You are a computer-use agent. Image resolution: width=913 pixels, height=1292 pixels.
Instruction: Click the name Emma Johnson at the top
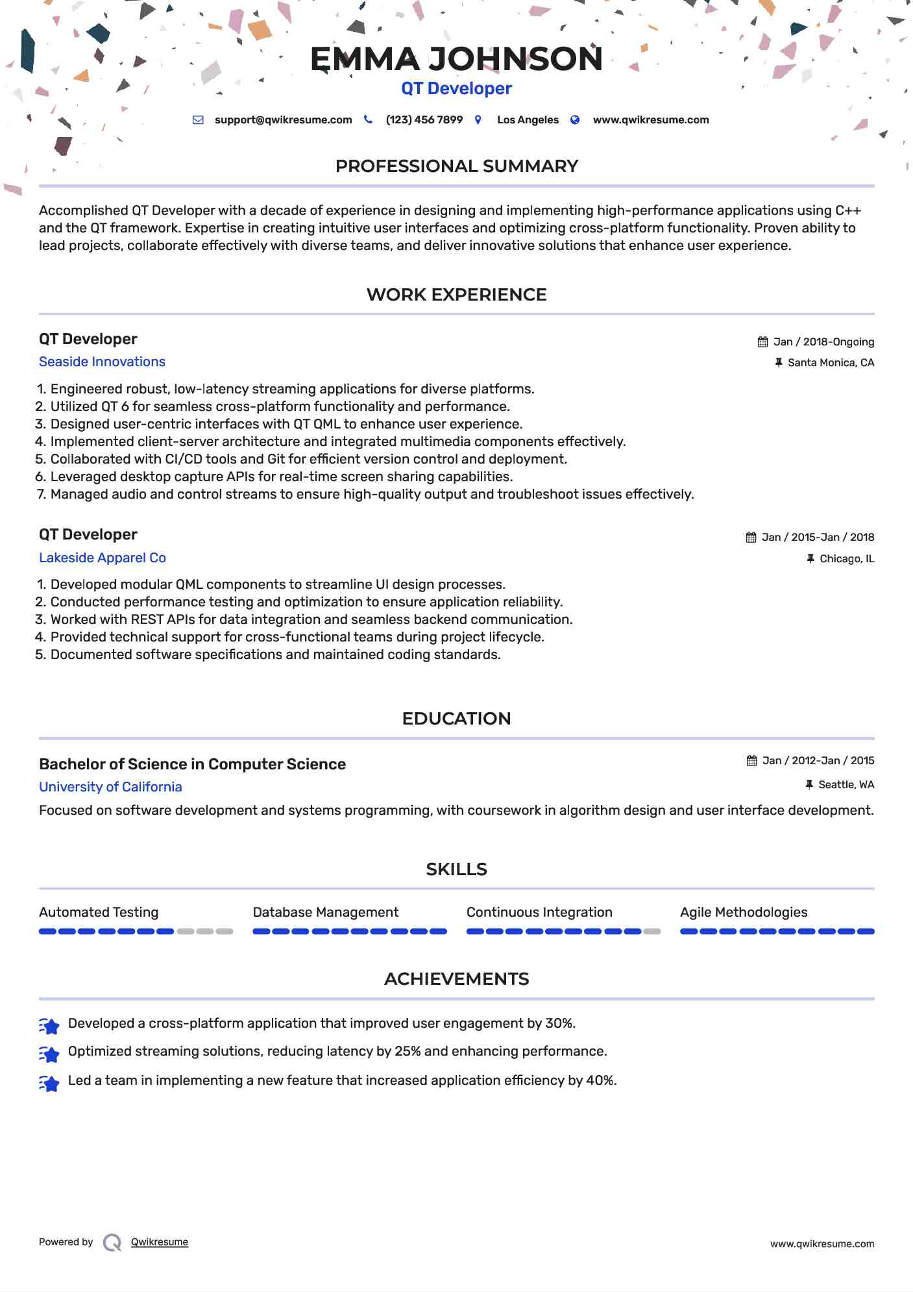click(456, 59)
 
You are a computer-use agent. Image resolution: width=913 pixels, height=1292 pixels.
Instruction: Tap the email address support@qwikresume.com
click(283, 120)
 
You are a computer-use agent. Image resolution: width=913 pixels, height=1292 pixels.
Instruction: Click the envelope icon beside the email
click(199, 120)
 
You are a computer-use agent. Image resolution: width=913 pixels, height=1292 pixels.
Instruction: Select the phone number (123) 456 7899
click(424, 120)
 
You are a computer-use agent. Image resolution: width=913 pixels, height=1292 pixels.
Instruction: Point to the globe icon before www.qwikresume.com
click(575, 120)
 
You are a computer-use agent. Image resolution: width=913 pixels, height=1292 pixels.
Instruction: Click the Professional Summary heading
click(456, 166)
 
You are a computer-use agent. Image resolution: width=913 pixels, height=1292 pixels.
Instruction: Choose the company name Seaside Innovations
click(102, 362)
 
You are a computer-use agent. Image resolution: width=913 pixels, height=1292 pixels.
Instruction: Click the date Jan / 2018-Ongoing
click(823, 342)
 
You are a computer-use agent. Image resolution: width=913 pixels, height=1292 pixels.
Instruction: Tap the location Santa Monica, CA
click(831, 363)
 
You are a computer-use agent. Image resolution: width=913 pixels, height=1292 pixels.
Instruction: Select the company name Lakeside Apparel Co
click(103, 558)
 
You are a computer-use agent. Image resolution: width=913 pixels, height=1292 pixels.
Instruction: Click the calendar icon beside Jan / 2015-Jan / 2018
click(751, 538)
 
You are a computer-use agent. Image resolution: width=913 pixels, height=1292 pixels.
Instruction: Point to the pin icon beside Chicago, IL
click(810, 558)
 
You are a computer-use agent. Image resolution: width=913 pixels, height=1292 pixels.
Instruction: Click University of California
click(110, 787)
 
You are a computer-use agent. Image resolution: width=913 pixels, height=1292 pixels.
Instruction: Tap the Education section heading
click(456, 719)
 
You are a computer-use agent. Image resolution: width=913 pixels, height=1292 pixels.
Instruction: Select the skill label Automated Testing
click(99, 912)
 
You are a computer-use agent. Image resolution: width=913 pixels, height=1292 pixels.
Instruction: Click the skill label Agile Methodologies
click(744, 912)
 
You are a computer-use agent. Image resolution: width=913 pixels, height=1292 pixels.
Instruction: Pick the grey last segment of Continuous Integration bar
click(652, 932)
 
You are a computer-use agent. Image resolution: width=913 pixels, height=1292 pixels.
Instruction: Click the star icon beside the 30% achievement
click(49, 1025)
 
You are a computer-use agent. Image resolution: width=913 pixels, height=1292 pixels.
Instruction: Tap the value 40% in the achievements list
click(600, 1080)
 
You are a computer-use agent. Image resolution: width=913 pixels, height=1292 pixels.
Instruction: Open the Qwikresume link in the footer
click(160, 1242)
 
